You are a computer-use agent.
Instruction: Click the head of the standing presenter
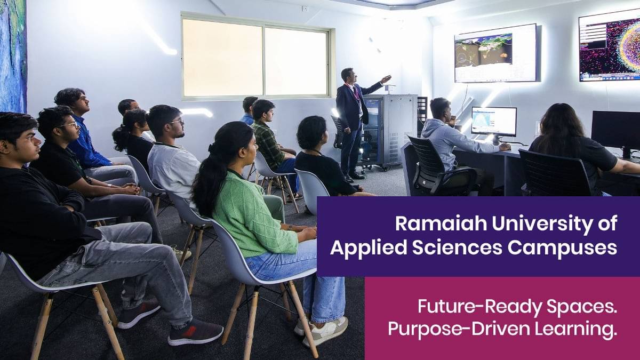pos(348,75)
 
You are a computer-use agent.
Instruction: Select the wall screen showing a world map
pos(495,53)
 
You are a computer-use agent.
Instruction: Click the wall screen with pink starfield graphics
pos(609,47)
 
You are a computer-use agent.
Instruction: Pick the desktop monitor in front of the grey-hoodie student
pos(493,121)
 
